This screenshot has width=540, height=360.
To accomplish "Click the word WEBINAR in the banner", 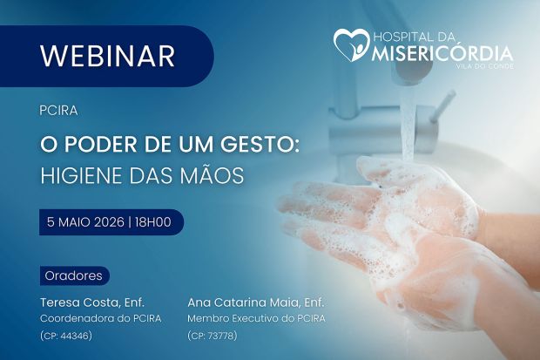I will (x=107, y=56).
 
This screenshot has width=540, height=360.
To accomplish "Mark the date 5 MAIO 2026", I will (x=86, y=222).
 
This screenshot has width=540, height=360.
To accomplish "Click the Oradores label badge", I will (x=73, y=275).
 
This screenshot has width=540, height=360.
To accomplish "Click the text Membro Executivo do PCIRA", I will (x=256, y=318).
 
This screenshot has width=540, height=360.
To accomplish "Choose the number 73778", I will (x=219, y=336).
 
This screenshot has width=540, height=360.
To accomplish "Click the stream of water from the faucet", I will (x=407, y=122).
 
